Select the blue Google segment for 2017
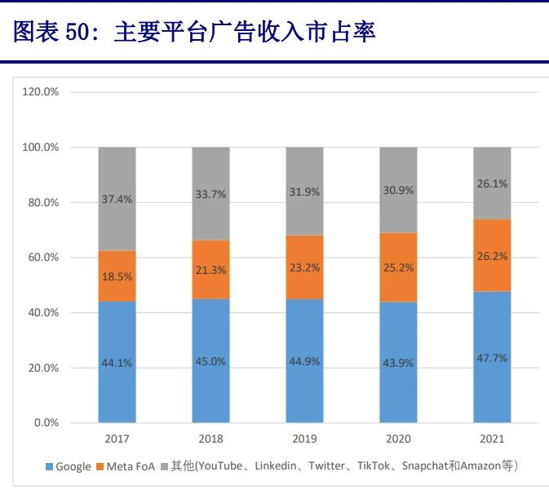point(117,362)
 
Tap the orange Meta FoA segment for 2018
point(211,269)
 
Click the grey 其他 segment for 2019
point(305,191)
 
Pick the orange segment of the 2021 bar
point(492,255)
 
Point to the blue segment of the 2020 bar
point(398,362)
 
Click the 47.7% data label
point(493,358)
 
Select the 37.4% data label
point(117,199)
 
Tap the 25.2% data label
point(399,267)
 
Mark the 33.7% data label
point(211,194)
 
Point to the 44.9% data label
point(305,362)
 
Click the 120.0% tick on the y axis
point(40,92)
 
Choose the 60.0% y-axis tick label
point(42,258)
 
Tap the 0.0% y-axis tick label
point(45,423)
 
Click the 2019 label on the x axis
point(305,439)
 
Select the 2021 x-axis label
point(492,439)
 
